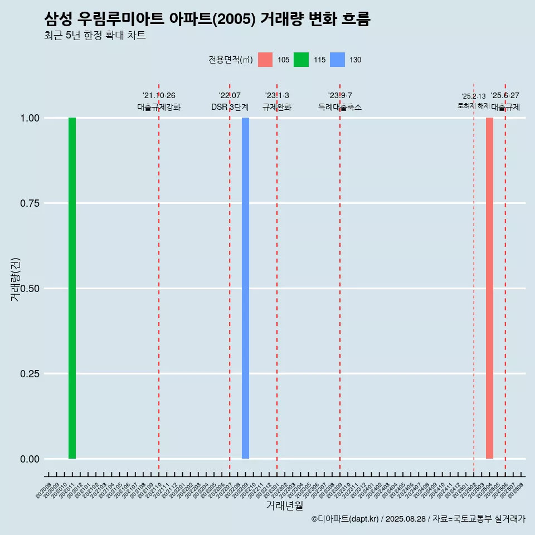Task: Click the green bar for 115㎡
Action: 72,288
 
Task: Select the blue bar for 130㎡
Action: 245,288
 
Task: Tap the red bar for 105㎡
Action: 489,288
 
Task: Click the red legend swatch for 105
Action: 265,60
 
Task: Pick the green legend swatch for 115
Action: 301,60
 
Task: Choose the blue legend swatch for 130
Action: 337,60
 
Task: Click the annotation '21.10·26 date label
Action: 159,96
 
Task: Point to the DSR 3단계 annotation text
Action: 230,108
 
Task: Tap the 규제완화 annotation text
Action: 277,108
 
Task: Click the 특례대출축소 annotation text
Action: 340,108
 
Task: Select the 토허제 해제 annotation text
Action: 473,106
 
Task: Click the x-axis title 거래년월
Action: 284,505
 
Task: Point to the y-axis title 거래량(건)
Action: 16,279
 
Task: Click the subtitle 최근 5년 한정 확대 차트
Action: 95,36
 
